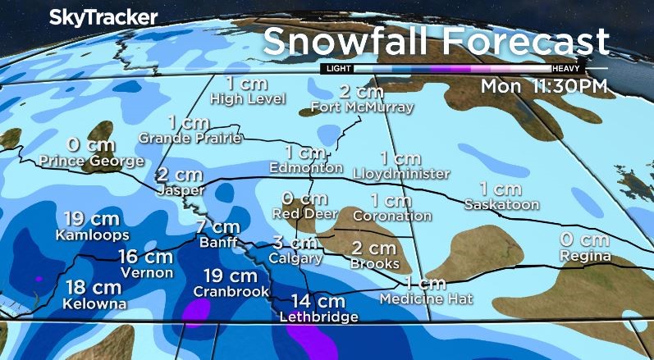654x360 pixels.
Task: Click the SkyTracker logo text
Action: (92, 17)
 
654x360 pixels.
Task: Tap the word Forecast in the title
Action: (524, 42)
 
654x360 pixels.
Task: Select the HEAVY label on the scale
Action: (567, 69)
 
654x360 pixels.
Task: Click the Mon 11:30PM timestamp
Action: (544, 85)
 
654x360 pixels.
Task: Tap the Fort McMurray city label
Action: (362, 107)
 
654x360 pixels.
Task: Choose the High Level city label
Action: (248, 99)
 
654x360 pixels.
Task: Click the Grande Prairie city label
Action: (190, 138)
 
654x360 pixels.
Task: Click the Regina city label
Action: (584, 257)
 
